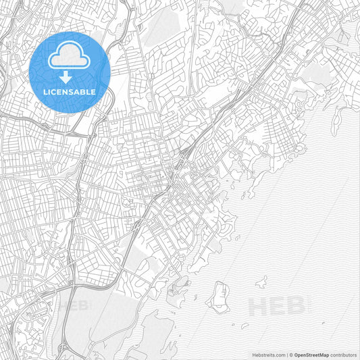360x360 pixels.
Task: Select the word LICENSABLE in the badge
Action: (70, 91)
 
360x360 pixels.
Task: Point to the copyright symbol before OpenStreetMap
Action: (291, 353)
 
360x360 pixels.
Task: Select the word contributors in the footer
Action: (343, 353)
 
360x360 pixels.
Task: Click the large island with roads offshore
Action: (220, 295)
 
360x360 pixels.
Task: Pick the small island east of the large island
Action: (261, 282)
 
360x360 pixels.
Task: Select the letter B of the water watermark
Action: (294, 307)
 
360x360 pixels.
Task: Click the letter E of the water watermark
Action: (277, 307)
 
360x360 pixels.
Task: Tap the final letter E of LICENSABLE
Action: (93, 91)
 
